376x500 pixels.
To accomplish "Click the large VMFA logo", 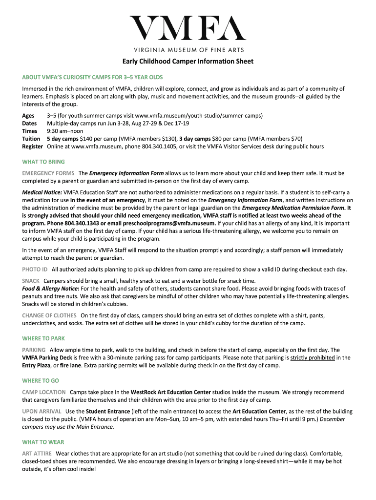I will point(188,28).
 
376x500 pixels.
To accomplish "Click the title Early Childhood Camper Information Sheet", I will point(188,62).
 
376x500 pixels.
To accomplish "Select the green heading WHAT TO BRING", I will point(43,162).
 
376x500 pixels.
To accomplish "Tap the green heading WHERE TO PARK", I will point(43,338).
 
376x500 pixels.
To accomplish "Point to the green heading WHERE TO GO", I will point(41,380).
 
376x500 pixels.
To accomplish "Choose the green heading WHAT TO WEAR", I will point(43,442).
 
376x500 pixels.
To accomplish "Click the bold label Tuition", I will point(32,139).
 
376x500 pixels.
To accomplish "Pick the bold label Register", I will point(33,146).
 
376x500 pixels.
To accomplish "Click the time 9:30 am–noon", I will point(65,131).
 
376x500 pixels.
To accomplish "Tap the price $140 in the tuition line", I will point(86,139).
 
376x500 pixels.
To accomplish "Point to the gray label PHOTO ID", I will point(35,269).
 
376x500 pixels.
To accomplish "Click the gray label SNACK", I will point(31,281).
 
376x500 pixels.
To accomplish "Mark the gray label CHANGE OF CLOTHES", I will point(49,315).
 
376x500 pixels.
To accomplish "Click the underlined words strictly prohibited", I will point(313,357).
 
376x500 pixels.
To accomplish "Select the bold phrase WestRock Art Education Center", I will point(171,392).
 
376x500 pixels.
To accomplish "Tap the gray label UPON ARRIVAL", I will point(42,411).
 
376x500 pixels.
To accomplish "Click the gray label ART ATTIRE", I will point(37,453).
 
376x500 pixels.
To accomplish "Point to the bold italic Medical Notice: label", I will point(42,192).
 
